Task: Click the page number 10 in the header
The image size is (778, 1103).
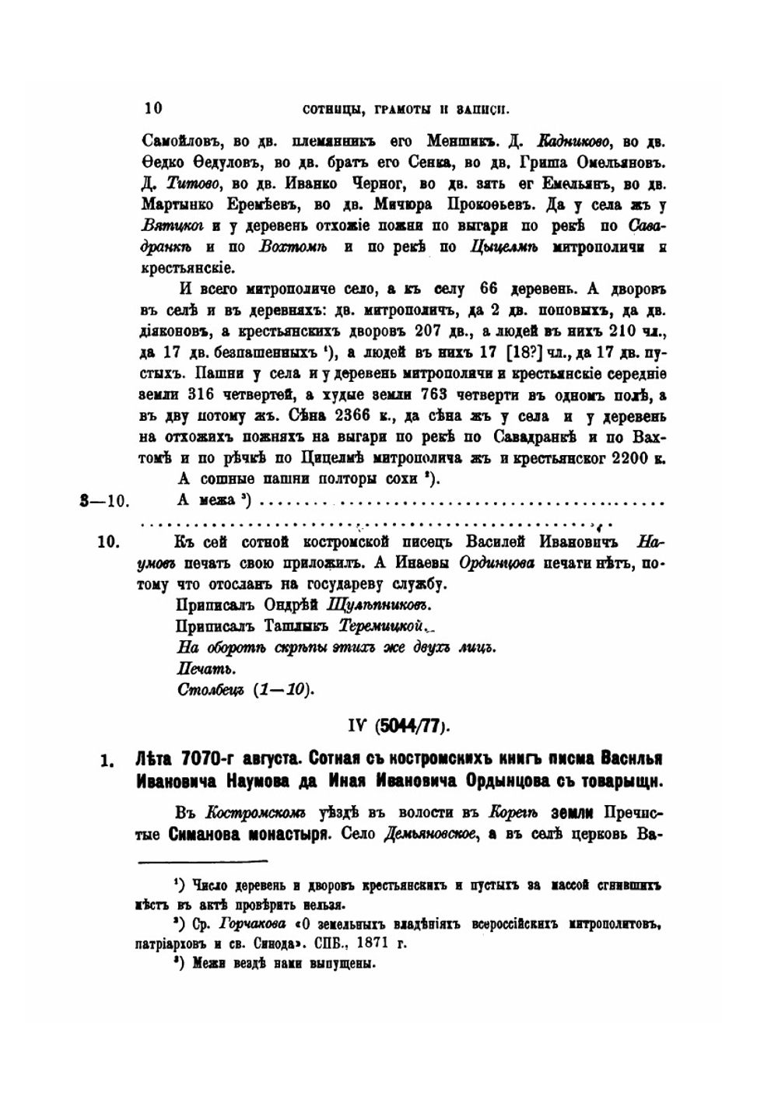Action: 152,108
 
